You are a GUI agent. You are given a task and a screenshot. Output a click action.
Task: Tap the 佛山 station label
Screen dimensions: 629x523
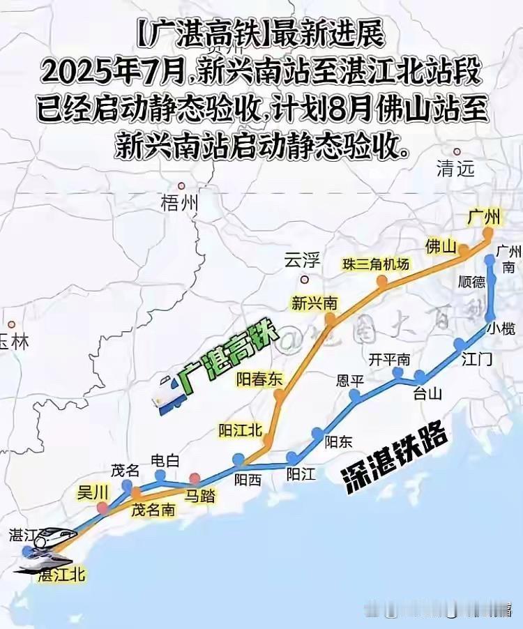pyautogui.click(x=441, y=246)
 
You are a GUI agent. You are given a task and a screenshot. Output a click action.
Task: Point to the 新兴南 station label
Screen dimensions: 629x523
pyautogui.click(x=314, y=303)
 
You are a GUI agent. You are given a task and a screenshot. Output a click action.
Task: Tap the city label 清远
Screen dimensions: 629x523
pyautogui.click(x=455, y=167)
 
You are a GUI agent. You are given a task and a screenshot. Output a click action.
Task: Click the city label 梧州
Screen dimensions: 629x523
pyautogui.click(x=179, y=203)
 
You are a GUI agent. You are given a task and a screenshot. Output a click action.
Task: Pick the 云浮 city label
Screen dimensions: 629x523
pyautogui.click(x=302, y=262)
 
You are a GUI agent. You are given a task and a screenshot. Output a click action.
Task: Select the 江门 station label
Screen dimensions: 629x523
pyautogui.click(x=477, y=360)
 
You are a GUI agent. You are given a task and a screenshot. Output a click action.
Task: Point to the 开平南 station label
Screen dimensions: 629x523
pyautogui.click(x=389, y=360)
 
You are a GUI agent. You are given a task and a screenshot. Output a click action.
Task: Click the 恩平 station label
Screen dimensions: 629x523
pyautogui.click(x=351, y=381)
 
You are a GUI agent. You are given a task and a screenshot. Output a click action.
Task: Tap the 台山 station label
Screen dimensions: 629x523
pyautogui.click(x=428, y=393)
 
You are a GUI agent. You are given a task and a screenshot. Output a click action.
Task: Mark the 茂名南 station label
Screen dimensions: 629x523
pyautogui.click(x=153, y=510)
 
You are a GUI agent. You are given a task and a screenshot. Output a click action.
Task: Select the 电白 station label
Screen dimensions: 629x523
pyautogui.click(x=165, y=461)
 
